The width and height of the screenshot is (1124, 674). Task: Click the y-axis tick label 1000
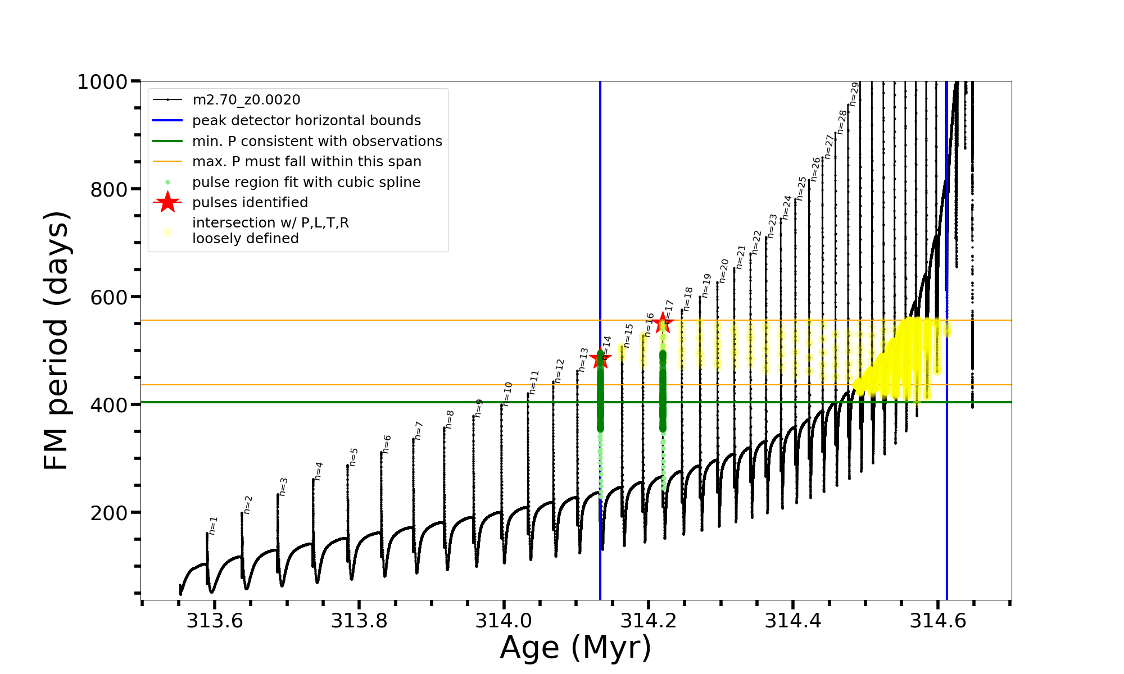coord(102,82)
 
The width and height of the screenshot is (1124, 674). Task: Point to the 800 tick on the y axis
coord(109,190)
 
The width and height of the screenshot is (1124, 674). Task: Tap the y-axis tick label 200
coord(109,513)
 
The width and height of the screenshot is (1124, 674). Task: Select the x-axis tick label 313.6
coord(215,621)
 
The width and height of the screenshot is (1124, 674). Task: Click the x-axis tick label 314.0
coord(504,621)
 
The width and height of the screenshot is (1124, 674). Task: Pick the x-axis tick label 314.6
coord(938,621)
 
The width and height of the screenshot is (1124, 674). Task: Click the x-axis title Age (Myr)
coord(575,648)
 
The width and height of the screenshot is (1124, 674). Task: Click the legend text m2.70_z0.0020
coord(246,100)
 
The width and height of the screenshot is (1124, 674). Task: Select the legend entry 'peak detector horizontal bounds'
coord(306,121)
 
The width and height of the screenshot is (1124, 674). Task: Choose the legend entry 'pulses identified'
coord(250,203)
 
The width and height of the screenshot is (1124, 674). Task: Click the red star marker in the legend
coord(167,203)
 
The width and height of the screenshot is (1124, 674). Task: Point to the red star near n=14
coord(600,359)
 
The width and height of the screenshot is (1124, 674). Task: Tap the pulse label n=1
coord(212,525)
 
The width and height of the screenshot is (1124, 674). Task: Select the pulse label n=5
coord(353,457)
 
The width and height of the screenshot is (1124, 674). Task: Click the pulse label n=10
coord(507,394)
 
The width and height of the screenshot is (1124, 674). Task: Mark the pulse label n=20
coord(723,271)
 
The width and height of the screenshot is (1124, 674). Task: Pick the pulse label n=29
coord(854,94)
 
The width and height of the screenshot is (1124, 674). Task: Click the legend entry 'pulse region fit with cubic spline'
coord(306,183)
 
